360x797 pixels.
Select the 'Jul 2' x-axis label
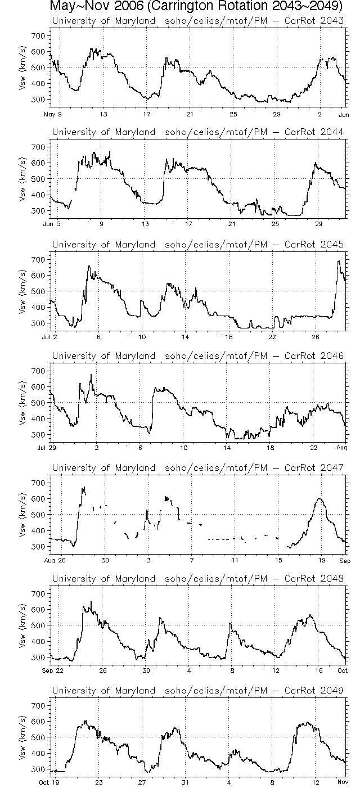[x=50, y=337]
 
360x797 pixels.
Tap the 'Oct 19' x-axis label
[x=51, y=782]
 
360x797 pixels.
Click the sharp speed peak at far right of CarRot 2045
[x=339, y=262]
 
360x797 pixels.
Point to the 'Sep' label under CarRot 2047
[x=344, y=560]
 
